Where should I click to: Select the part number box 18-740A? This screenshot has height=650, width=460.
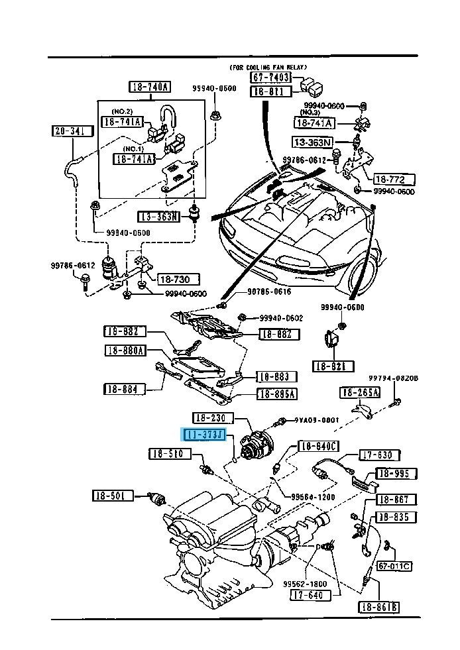click(150, 87)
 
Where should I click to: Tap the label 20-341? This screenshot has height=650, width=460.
click(69, 132)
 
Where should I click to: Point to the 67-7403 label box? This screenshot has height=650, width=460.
click(270, 78)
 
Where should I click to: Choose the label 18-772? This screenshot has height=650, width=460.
click(394, 180)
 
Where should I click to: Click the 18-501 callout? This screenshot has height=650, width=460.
click(112, 495)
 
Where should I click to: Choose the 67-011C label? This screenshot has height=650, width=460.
click(394, 566)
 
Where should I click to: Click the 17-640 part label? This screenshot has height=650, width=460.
click(309, 595)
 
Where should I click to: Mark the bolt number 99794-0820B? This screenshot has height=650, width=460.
click(398, 378)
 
